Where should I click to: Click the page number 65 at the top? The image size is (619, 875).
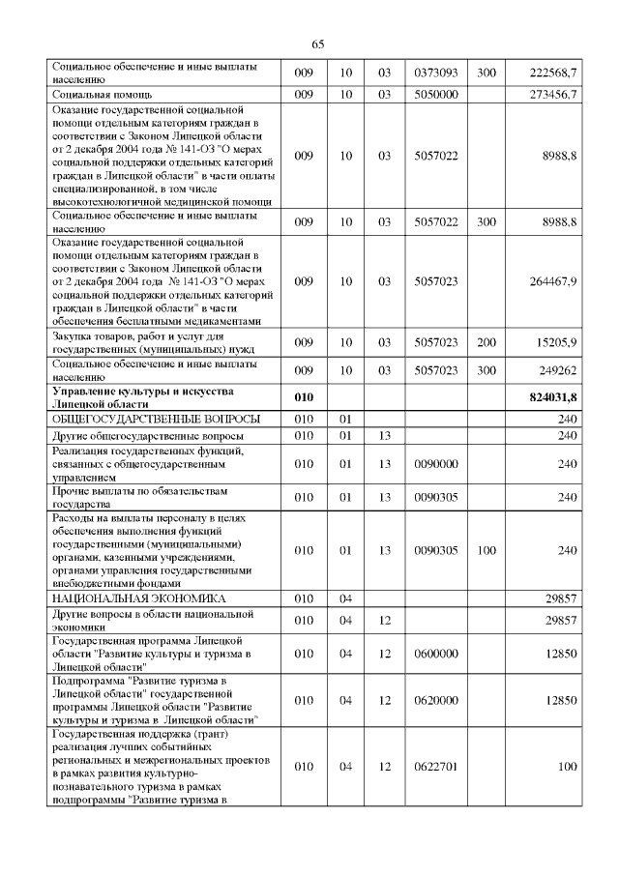click(x=318, y=44)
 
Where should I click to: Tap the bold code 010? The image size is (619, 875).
click(x=305, y=396)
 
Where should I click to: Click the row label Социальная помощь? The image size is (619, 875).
click(x=105, y=94)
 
